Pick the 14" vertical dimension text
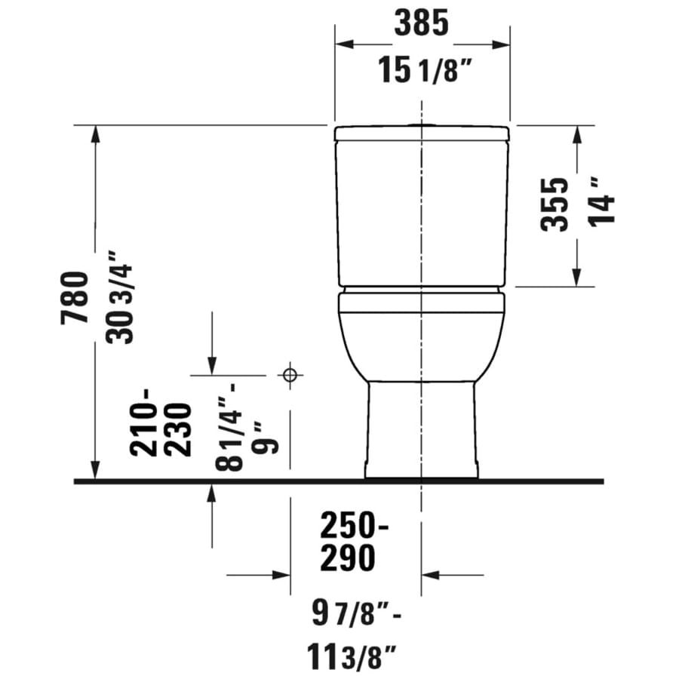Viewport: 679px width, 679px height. [x=603, y=200]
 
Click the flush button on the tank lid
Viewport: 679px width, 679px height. [x=422, y=124]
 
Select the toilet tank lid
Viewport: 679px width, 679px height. [x=422, y=134]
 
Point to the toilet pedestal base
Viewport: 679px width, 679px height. [x=421, y=430]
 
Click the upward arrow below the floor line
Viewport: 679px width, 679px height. [x=212, y=495]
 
